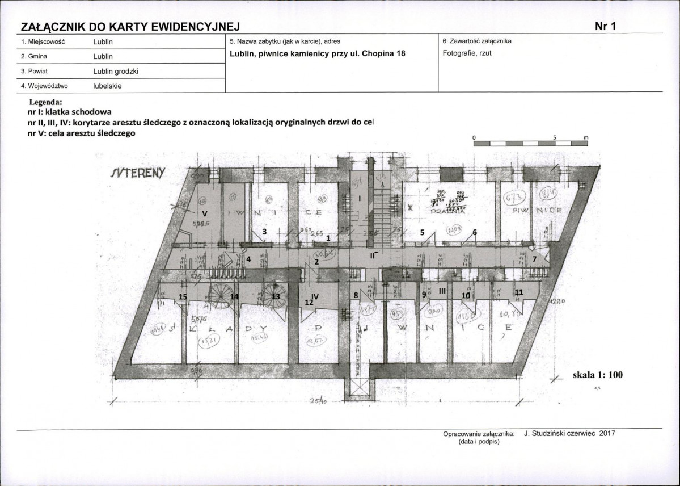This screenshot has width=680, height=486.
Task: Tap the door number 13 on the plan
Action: coord(276,296)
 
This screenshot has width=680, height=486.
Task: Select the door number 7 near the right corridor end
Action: coord(534,259)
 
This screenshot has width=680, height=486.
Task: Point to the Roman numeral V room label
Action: coord(205,213)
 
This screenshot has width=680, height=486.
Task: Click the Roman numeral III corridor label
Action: coord(442,290)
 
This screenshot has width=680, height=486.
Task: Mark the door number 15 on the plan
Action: coord(183,296)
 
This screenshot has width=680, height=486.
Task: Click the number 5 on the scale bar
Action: coord(555,137)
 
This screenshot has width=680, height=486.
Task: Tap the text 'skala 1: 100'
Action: coord(597,375)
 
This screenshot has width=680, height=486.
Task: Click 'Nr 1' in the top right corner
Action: coord(605,26)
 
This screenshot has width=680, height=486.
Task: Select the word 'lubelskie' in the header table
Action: coord(107,86)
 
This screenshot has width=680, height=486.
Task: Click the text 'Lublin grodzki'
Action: coord(116,71)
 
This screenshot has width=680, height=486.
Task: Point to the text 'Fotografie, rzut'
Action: coord(466,53)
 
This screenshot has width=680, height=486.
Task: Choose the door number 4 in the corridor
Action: coord(248,259)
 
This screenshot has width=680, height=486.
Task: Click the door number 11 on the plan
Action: coord(518,292)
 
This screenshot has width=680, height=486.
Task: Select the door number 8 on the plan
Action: coord(356,295)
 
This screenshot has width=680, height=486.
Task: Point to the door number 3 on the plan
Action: coord(263,232)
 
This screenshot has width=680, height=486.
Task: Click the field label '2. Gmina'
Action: coord(33,56)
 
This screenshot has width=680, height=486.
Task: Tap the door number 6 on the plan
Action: coord(475,232)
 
